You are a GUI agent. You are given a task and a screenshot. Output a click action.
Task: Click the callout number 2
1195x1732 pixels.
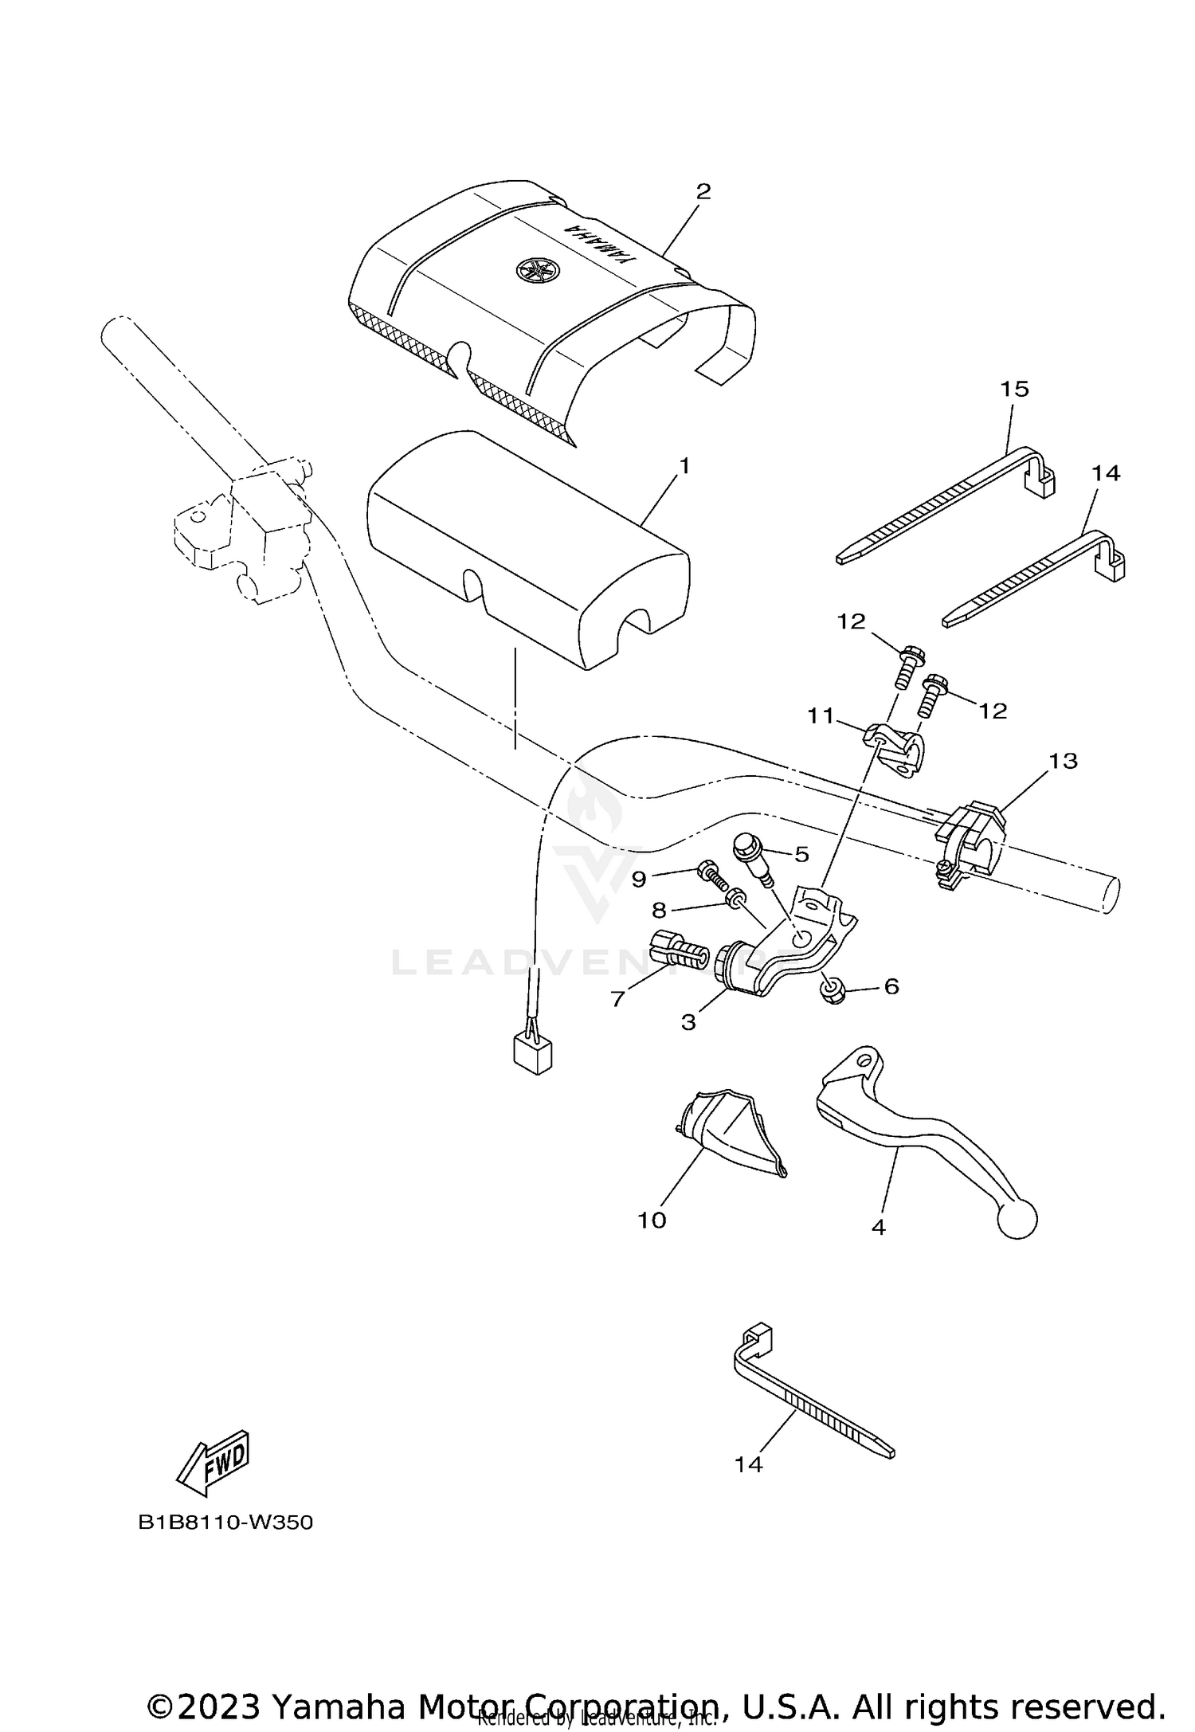[x=703, y=191]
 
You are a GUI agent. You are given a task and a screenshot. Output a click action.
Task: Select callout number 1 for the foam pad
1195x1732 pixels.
[x=683, y=465]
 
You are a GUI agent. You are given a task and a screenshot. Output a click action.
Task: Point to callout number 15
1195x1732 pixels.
[x=1015, y=389]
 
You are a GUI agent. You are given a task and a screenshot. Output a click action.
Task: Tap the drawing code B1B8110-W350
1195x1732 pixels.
[x=225, y=1522]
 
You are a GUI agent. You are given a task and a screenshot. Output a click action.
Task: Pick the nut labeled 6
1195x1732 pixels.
[x=833, y=991]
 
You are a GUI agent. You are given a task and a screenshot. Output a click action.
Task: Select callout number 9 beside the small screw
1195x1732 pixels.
[x=639, y=879]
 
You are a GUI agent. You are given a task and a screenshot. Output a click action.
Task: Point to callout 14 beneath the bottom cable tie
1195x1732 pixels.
[x=748, y=1464]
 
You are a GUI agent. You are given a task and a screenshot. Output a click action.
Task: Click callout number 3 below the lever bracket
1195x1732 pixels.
[x=688, y=1022]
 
